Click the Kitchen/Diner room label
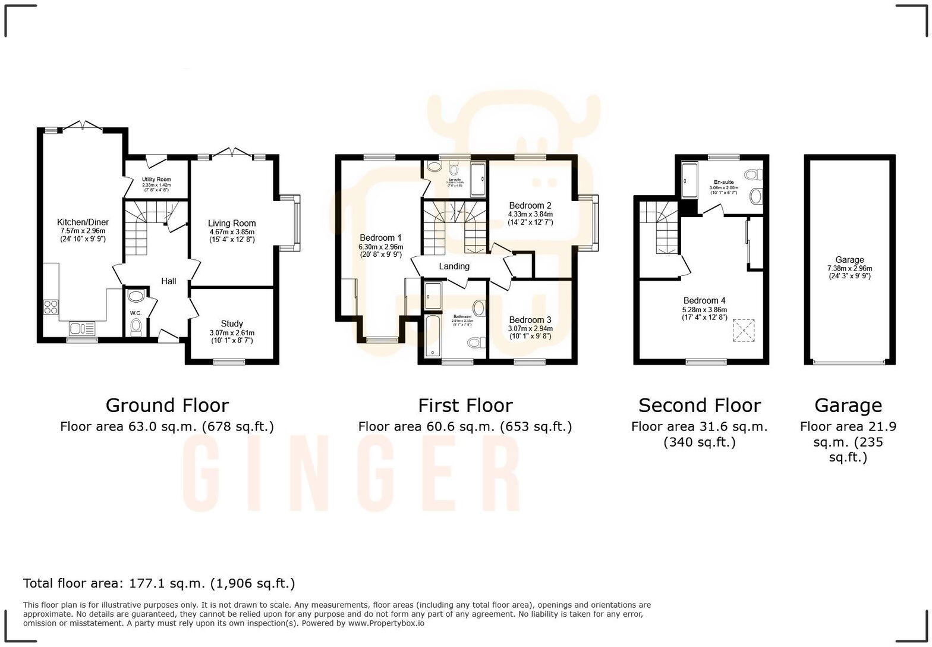83,222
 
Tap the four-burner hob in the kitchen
51,307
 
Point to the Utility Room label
156,180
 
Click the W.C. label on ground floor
136,313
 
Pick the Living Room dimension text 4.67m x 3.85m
232,232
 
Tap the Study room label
232,324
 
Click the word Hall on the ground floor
169,281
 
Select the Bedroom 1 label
380,238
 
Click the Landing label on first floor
454,266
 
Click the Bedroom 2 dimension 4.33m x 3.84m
530,215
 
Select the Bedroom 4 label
704,301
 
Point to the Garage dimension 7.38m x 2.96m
849,268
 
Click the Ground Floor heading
167,406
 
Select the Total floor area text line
159,583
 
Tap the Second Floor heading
699,406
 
